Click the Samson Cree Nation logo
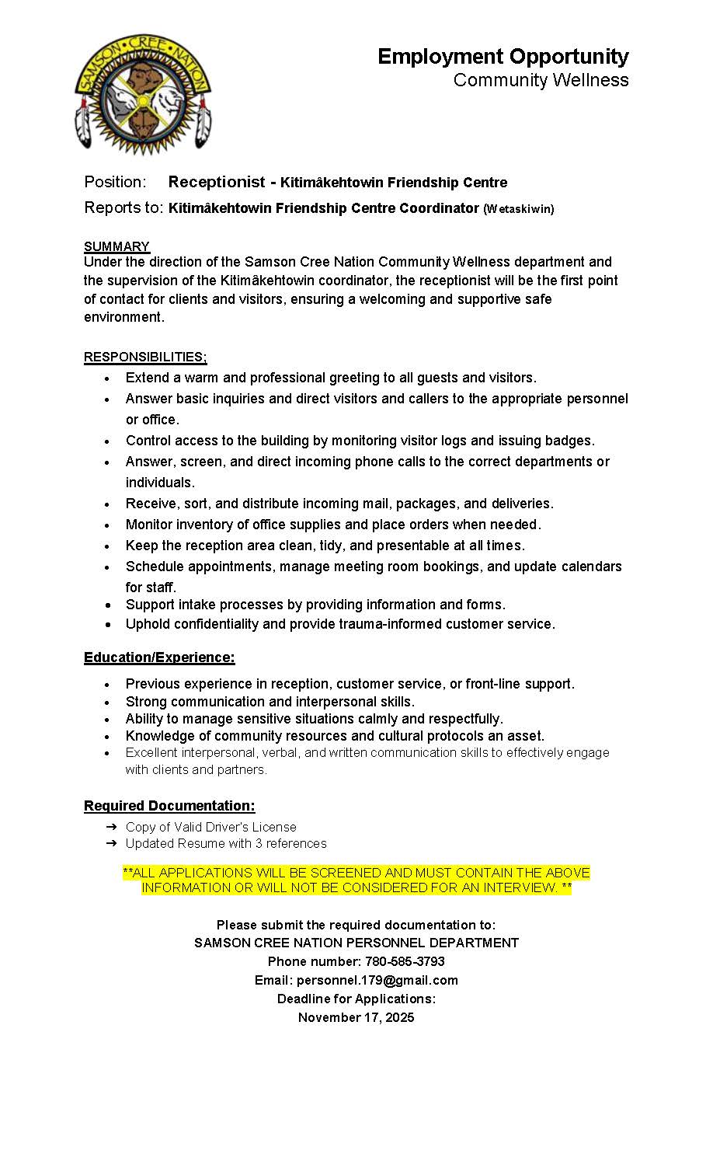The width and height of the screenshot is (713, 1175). point(143,94)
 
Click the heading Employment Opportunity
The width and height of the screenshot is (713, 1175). point(503,57)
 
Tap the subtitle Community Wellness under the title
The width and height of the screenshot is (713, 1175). point(541,80)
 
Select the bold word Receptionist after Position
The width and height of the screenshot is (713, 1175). point(217,182)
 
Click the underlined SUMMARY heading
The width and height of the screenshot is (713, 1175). point(117,246)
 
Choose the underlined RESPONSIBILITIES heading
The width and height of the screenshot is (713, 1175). point(145,357)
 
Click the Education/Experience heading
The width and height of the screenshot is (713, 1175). point(159,657)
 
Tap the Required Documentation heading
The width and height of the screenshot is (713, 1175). point(169,806)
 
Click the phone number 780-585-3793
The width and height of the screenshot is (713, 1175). point(405,961)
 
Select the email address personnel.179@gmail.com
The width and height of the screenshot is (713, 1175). point(377,980)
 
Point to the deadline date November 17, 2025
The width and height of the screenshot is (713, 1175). point(356,1017)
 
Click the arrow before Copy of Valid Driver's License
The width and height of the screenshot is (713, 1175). point(112,827)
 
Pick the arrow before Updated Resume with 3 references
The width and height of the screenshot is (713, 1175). point(112,843)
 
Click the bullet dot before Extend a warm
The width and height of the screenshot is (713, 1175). point(107,378)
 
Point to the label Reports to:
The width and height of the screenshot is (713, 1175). point(123,207)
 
